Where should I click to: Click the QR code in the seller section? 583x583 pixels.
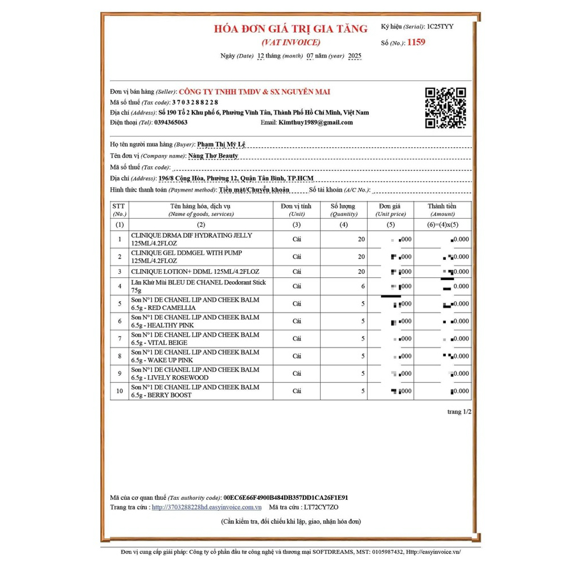pyautogui.click(x=446, y=108)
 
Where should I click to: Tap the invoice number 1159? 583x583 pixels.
pyautogui.click(x=416, y=42)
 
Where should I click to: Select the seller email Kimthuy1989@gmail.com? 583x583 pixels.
pyautogui.click(x=315, y=122)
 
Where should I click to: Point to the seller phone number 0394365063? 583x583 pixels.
pyautogui.click(x=171, y=122)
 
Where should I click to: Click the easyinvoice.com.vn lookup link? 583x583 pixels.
pyautogui.click(x=207, y=507)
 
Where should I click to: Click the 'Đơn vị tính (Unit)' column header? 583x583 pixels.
pyautogui.click(x=297, y=210)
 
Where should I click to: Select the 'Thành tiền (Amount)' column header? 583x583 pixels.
pyautogui.click(x=442, y=210)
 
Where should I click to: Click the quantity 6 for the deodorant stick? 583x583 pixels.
pyautogui.click(x=362, y=286)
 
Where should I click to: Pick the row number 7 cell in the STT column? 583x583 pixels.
pyautogui.click(x=120, y=339)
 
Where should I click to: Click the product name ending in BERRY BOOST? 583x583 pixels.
pyautogui.click(x=195, y=391)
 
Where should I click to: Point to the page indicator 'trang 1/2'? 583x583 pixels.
pyautogui.click(x=459, y=411)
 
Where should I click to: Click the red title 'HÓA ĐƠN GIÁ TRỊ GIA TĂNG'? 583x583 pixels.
pyautogui.click(x=291, y=28)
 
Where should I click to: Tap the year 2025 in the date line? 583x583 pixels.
pyautogui.click(x=354, y=56)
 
